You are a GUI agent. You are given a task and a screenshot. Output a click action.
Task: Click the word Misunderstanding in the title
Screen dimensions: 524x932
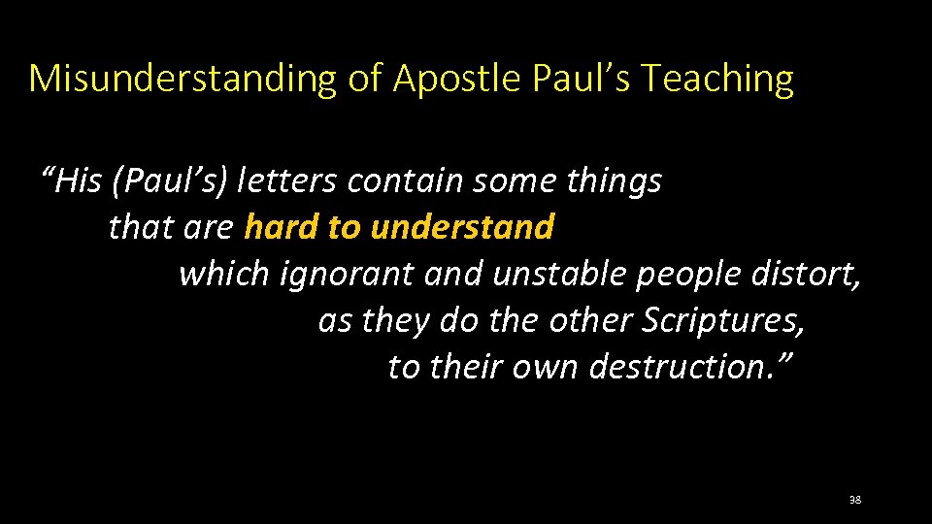183,80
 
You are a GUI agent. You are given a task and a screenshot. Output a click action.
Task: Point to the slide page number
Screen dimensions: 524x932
855,500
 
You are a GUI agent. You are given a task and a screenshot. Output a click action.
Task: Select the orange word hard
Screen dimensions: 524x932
283,228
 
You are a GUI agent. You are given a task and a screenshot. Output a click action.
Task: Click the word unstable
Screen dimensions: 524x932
559,275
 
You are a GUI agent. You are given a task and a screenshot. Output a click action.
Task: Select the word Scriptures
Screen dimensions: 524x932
722,321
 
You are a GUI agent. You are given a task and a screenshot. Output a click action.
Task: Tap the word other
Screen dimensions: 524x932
588,321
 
